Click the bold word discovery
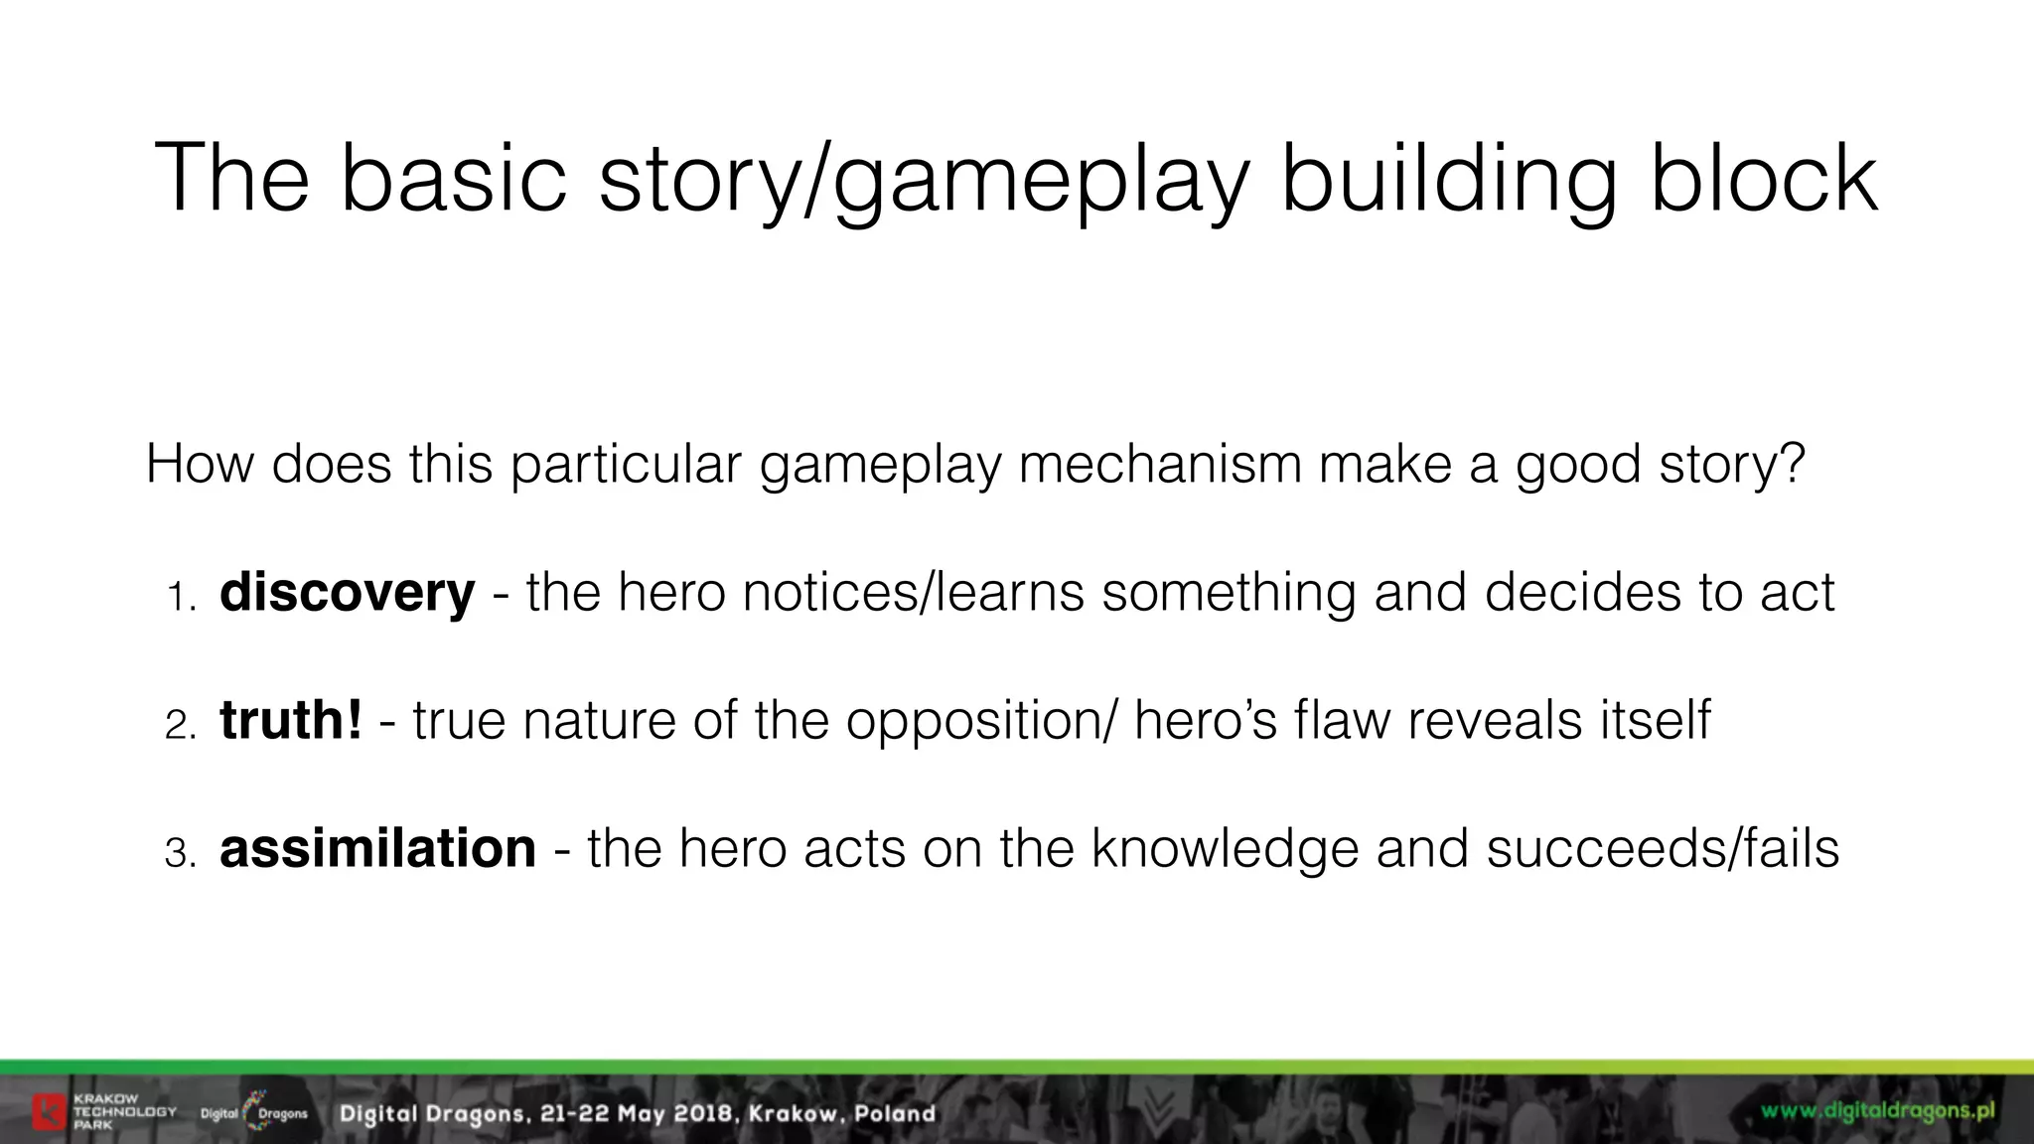click(x=347, y=593)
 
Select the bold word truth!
click(x=291, y=720)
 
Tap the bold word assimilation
click(x=377, y=848)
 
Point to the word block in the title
click(x=1764, y=179)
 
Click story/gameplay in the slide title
click(x=924, y=179)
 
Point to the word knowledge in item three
click(x=1225, y=848)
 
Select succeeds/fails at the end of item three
click(x=1663, y=848)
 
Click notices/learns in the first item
click(x=914, y=593)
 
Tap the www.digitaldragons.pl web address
click(x=1878, y=1110)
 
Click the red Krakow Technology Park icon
click(x=49, y=1111)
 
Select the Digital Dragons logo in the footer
click(x=254, y=1112)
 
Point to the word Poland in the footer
click(x=895, y=1113)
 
